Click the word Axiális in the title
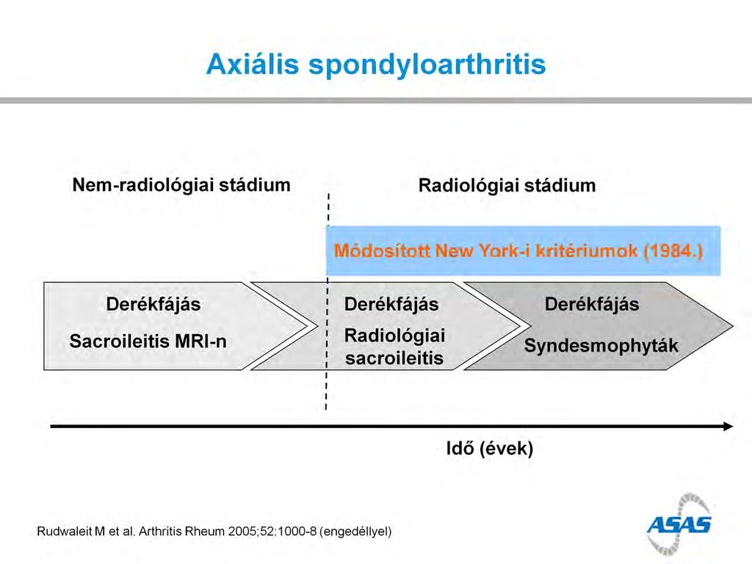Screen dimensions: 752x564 point(253,64)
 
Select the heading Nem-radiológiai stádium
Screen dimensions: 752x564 point(181,185)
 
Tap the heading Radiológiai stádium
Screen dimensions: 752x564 point(507,186)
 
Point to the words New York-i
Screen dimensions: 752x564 point(482,251)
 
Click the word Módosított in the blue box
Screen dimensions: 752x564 point(382,251)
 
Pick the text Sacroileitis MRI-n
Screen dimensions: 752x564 point(148,341)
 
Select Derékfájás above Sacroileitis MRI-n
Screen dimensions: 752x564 point(153,305)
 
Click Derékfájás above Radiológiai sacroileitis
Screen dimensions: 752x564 point(391,305)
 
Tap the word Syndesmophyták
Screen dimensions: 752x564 point(601,346)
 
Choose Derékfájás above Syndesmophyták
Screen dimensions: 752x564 point(592,305)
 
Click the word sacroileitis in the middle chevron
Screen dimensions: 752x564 point(394,358)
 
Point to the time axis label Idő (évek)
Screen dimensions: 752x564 point(490,449)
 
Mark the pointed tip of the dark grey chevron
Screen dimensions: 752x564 point(733,326)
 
